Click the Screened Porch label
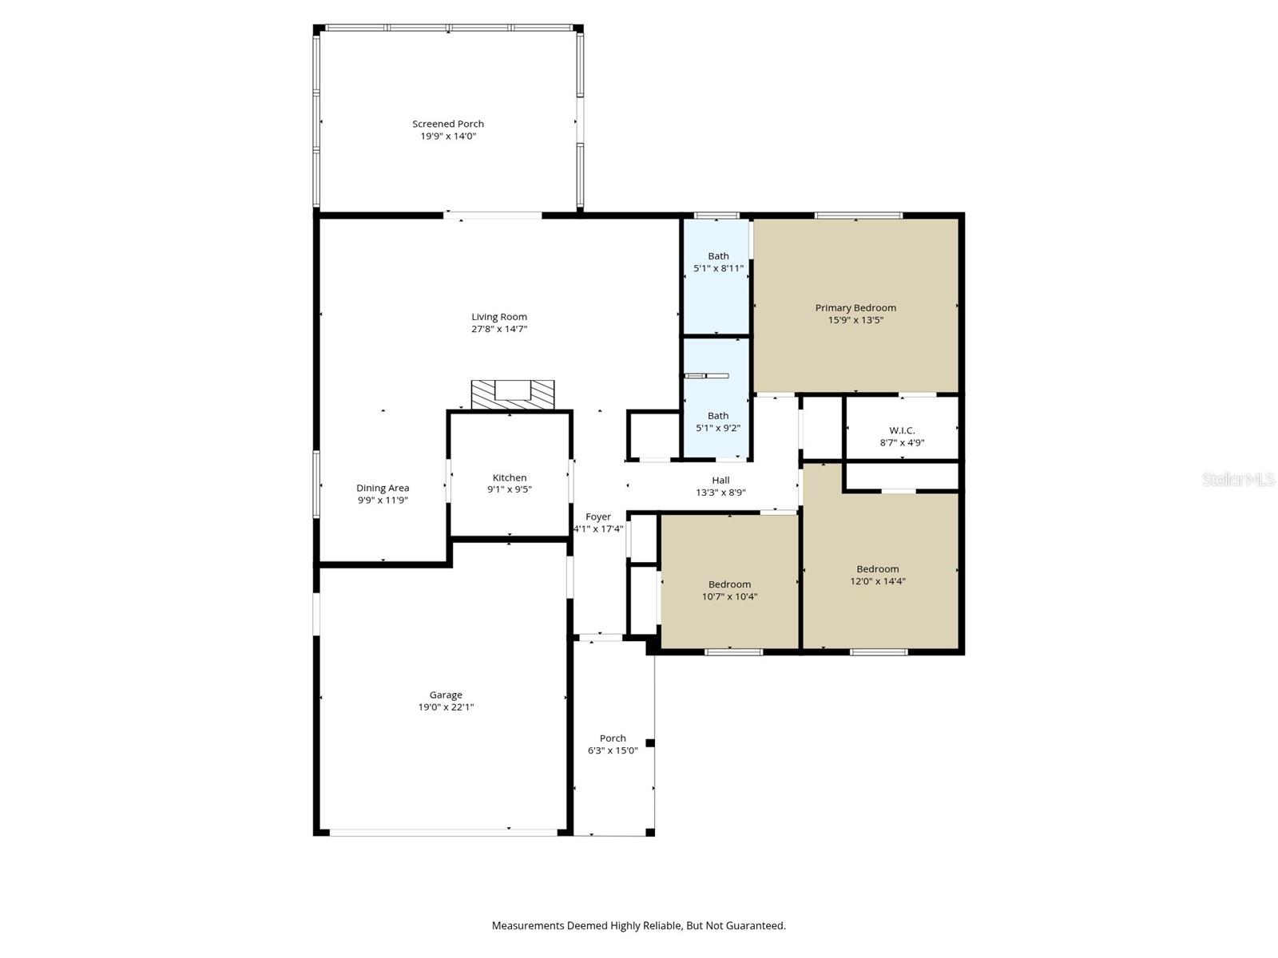(x=447, y=124)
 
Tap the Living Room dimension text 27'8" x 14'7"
(x=499, y=329)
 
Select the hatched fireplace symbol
(x=512, y=394)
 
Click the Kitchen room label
(x=509, y=477)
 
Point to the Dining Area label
(x=383, y=488)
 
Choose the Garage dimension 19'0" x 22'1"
(x=446, y=707)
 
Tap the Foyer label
(x=597, y=517)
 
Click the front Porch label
(x=613, y=738)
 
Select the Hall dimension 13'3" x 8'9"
(x=720, y=493)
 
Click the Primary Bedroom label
(x=855, y=307)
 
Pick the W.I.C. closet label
(x=902, y=430)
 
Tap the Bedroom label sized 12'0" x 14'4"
(x=878, y=569)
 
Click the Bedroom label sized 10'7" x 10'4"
(x=729, y=584)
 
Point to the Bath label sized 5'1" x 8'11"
(x=718, y=256)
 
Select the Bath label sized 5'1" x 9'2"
(x=718, y=415)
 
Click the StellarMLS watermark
(x=1237, y=479)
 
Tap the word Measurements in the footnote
(x=527, y=926)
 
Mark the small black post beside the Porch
(x=650, y=743)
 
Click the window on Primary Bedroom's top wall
(x=859, y=215)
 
